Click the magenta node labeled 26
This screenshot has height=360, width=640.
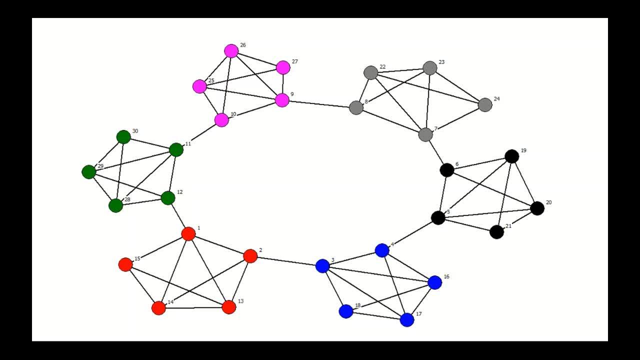click(231, 51)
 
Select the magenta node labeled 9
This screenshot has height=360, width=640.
click(282, 100)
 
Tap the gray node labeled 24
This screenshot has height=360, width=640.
click(485, 105)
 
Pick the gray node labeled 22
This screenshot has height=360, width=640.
click(370, 73)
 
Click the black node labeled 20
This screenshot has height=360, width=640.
click(537, 208)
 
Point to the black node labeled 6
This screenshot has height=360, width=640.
click(447, 170)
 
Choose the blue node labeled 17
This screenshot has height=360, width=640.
click(407, 320)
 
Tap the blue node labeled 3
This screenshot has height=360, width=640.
click(323, 266)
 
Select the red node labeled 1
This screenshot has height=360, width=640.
click(188, 233)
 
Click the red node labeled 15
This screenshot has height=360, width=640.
click(125, 264)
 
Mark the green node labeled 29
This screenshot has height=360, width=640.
click(89, 172)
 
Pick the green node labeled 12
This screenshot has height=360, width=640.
click(168, 198)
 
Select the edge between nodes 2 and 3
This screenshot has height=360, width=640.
click(286, 261)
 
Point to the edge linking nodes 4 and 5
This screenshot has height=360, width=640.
click(410, 234)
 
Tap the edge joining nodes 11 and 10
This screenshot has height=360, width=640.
click(199, 135)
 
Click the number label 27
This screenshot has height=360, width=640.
click(294, 62)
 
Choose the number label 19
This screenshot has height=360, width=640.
click(523, 150)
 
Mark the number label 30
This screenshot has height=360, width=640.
click(135, 131)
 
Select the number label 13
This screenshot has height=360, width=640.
click(240, 301)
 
